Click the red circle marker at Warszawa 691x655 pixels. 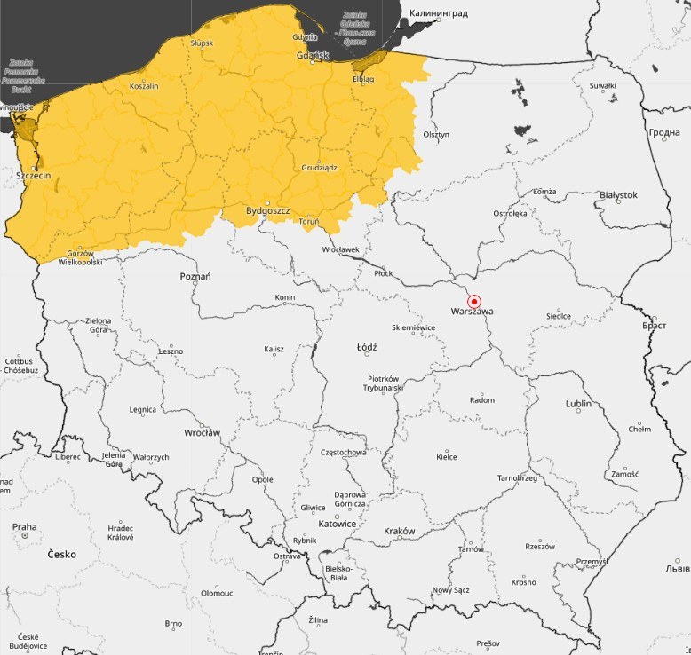[x=473, y=301]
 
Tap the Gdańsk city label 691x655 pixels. [x=313, y=56]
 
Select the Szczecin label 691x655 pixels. [x=34, y=176]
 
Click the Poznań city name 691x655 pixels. [x=195, y=276]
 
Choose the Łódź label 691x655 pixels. [x=366, y=347]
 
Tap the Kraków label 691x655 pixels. [x=399, y=531]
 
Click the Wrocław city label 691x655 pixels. [x=202, y=433]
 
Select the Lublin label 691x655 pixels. [x=578, y=404]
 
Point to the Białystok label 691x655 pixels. [x=619, y=194]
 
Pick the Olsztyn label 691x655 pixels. [x=436, y=135]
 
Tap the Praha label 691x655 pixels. [x=25, y=526]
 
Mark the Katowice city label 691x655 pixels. [x=337, y=524]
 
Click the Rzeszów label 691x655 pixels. [x=539, y=547]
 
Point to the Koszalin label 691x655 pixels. [x=144, y=86]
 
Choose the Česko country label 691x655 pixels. [x=61, y=554]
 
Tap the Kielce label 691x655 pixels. [x=446, y=457]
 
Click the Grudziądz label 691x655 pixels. [x=319, y=167]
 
